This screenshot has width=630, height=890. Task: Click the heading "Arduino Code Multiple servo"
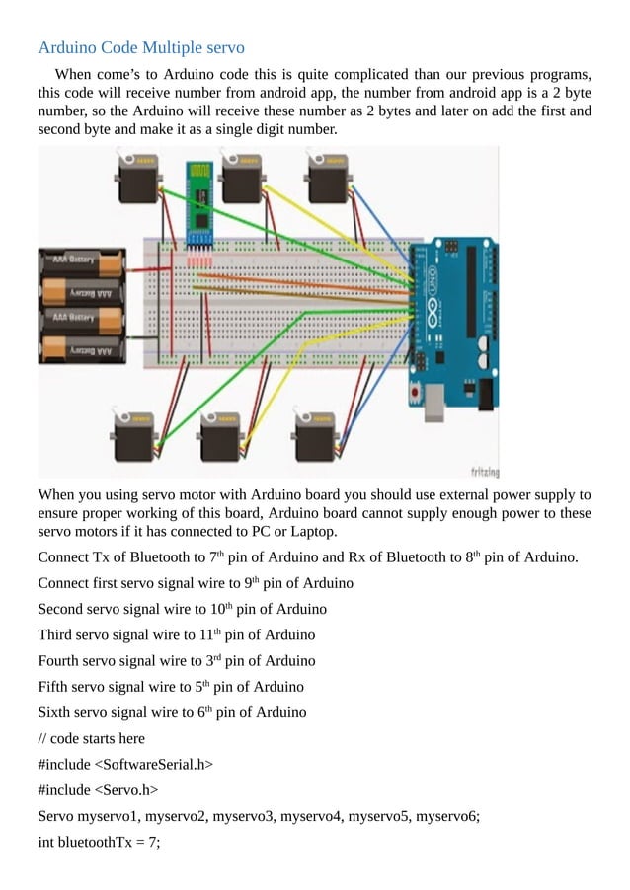tap(141, 47)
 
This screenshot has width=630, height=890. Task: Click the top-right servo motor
tap(327, 180)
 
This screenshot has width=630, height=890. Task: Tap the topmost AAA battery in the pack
tap(82, 262)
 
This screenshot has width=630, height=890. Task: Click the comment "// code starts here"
tap(91, 738)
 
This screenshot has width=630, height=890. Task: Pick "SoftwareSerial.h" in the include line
tap(151, 764)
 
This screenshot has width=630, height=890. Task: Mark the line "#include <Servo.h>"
tap(98, 789)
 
